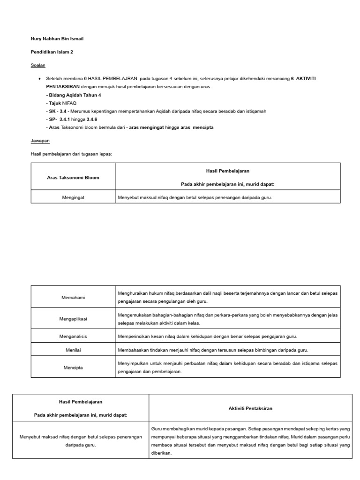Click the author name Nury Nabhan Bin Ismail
tap(57, 38)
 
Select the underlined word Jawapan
tap(40, 140)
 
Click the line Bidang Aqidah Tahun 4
tap(74, 95)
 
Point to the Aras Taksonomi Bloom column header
tap(73, 178)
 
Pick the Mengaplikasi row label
tap(73, 319)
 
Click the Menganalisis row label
tap(73, 337)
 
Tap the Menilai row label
tap(73, 350)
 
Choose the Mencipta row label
tap(73, 367)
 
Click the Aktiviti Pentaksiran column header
tap(251, 408)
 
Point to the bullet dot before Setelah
tap(39, 79)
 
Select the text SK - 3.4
tap(58, 111)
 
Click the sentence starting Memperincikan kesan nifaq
tap(208, 337)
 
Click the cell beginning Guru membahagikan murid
tap(251, 441)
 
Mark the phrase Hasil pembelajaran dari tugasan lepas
tap(71, 154)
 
